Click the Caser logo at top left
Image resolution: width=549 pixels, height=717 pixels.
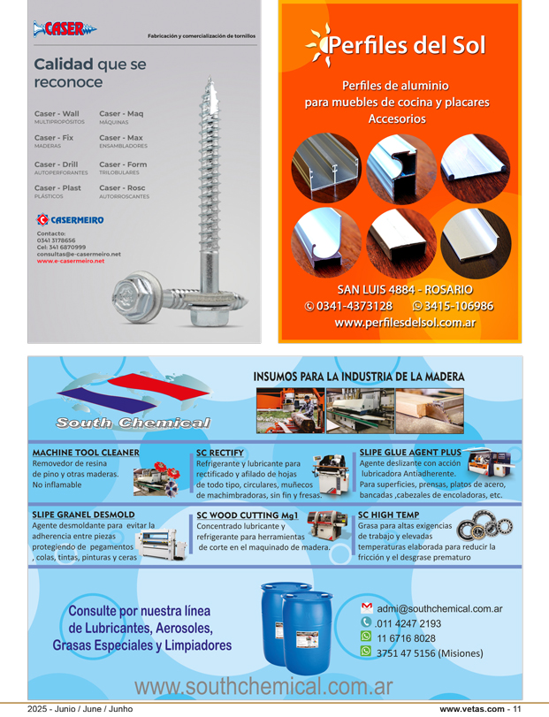[x=64, y=29]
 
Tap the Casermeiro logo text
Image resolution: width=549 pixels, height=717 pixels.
[x=77, y=218]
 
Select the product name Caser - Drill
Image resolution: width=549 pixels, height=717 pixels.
[x=56, y=164]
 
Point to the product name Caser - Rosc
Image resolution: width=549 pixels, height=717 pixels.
[x=122, y=187]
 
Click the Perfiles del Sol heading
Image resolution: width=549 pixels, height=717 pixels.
[x=406, y=46]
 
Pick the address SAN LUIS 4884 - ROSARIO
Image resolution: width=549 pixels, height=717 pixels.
[x=404, y=289]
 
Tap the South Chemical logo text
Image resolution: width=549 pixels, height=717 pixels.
[x=133, y=423]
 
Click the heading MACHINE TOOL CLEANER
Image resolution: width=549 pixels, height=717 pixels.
[x=86, y=452]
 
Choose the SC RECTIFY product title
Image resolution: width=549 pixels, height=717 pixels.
[x=219, y=453]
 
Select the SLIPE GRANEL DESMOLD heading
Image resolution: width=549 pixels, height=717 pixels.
[x=83, y=514]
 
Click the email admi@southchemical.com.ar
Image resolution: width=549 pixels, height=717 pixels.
[x=439, y=608]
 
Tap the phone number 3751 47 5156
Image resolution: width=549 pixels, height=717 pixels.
[x=430, y=653]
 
